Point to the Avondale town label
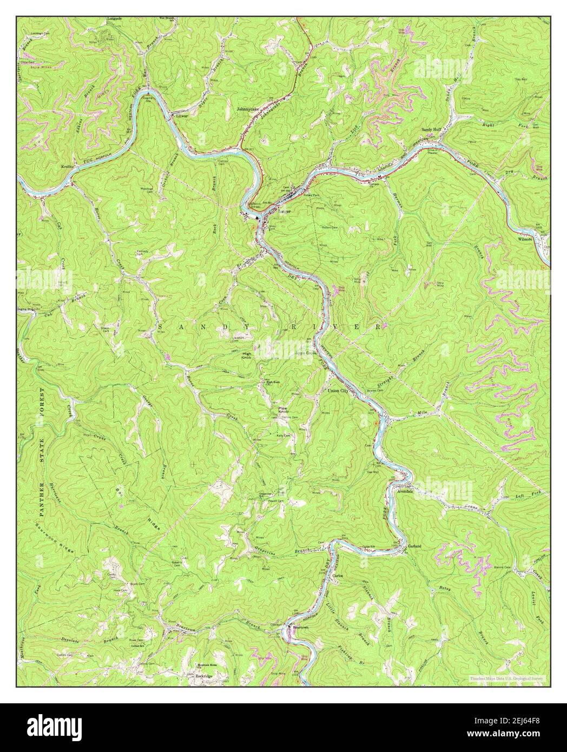pyautogui.click(x=405, y=491)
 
